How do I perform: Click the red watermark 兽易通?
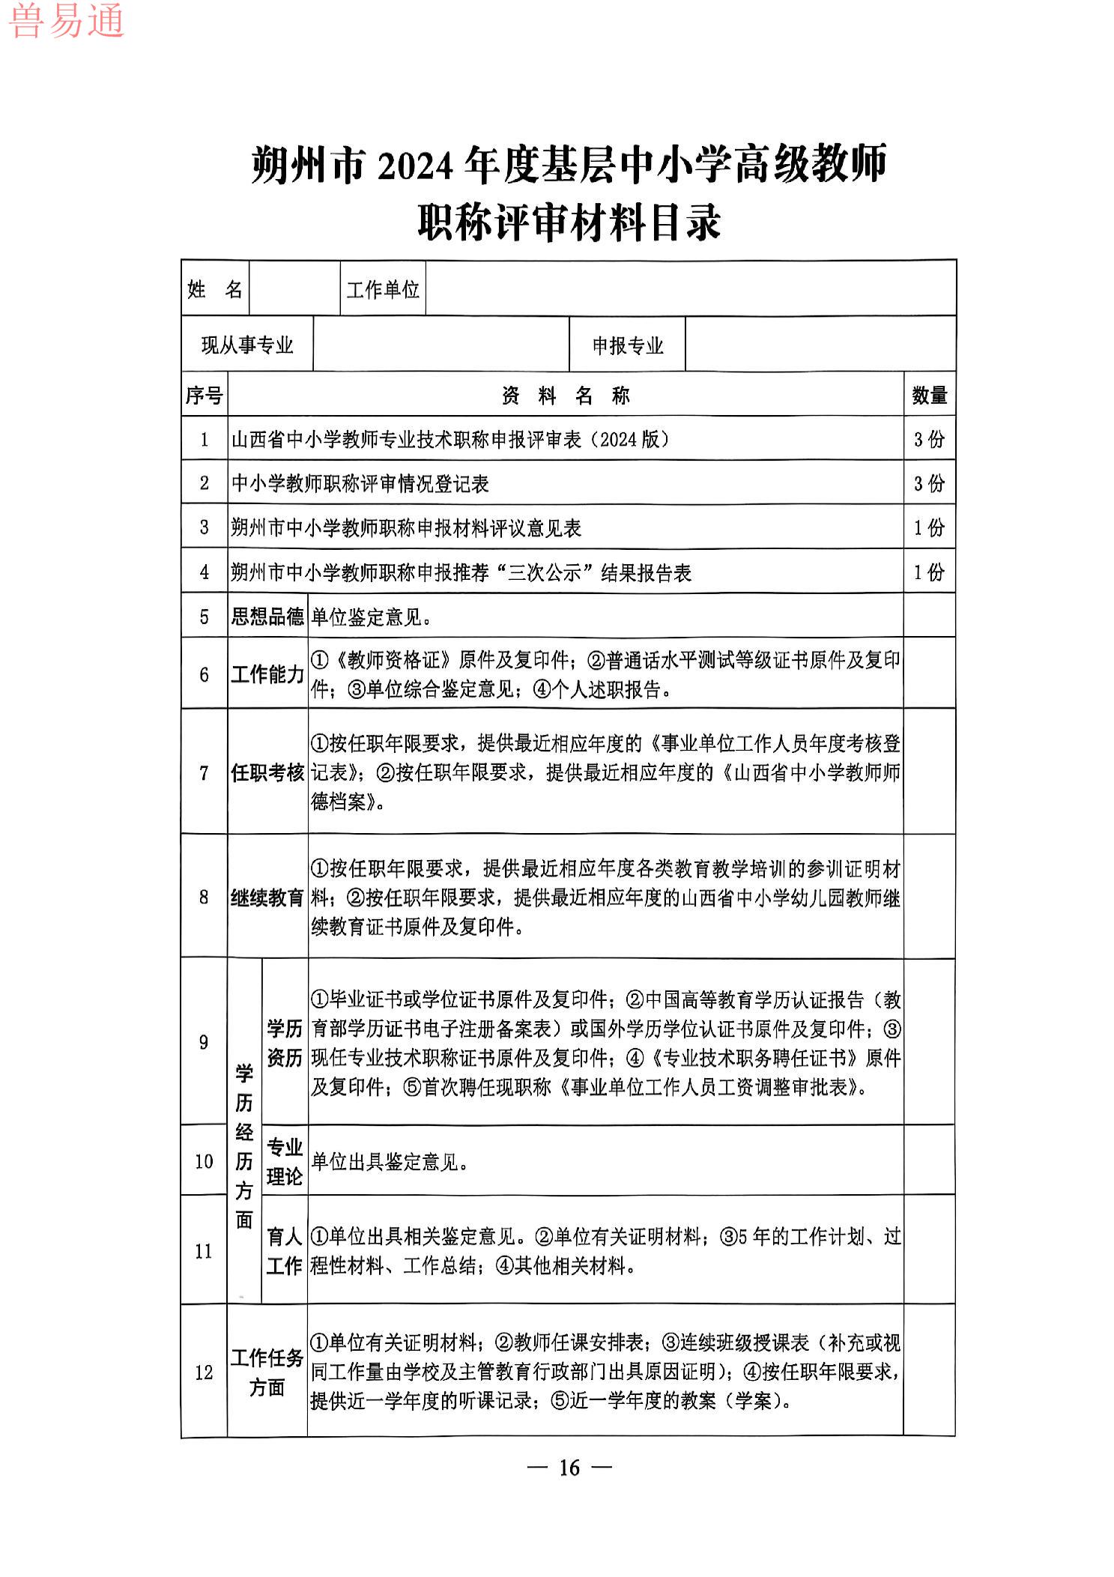click(x=66, y=20)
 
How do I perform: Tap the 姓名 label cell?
click(x=215, y=289)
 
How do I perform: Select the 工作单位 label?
click(x=383, y=290)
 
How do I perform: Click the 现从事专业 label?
click(x=247, y=345)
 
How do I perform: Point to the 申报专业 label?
click(x=628, y=345)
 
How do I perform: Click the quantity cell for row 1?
click(x=930, y=440)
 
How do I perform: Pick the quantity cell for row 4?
click(x=930, y=572)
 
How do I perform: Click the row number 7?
click(x=205, y=772)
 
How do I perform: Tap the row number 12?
click(x=205, y=1372)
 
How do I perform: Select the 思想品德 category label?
click(x=267, y=617)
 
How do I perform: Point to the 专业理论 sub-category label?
click(x=285, y=1162)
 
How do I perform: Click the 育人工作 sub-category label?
click(x=285, y=1251)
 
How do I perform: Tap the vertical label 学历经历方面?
click(x=244, y=1146)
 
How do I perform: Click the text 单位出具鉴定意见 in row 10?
click(x=390, y=1162)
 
